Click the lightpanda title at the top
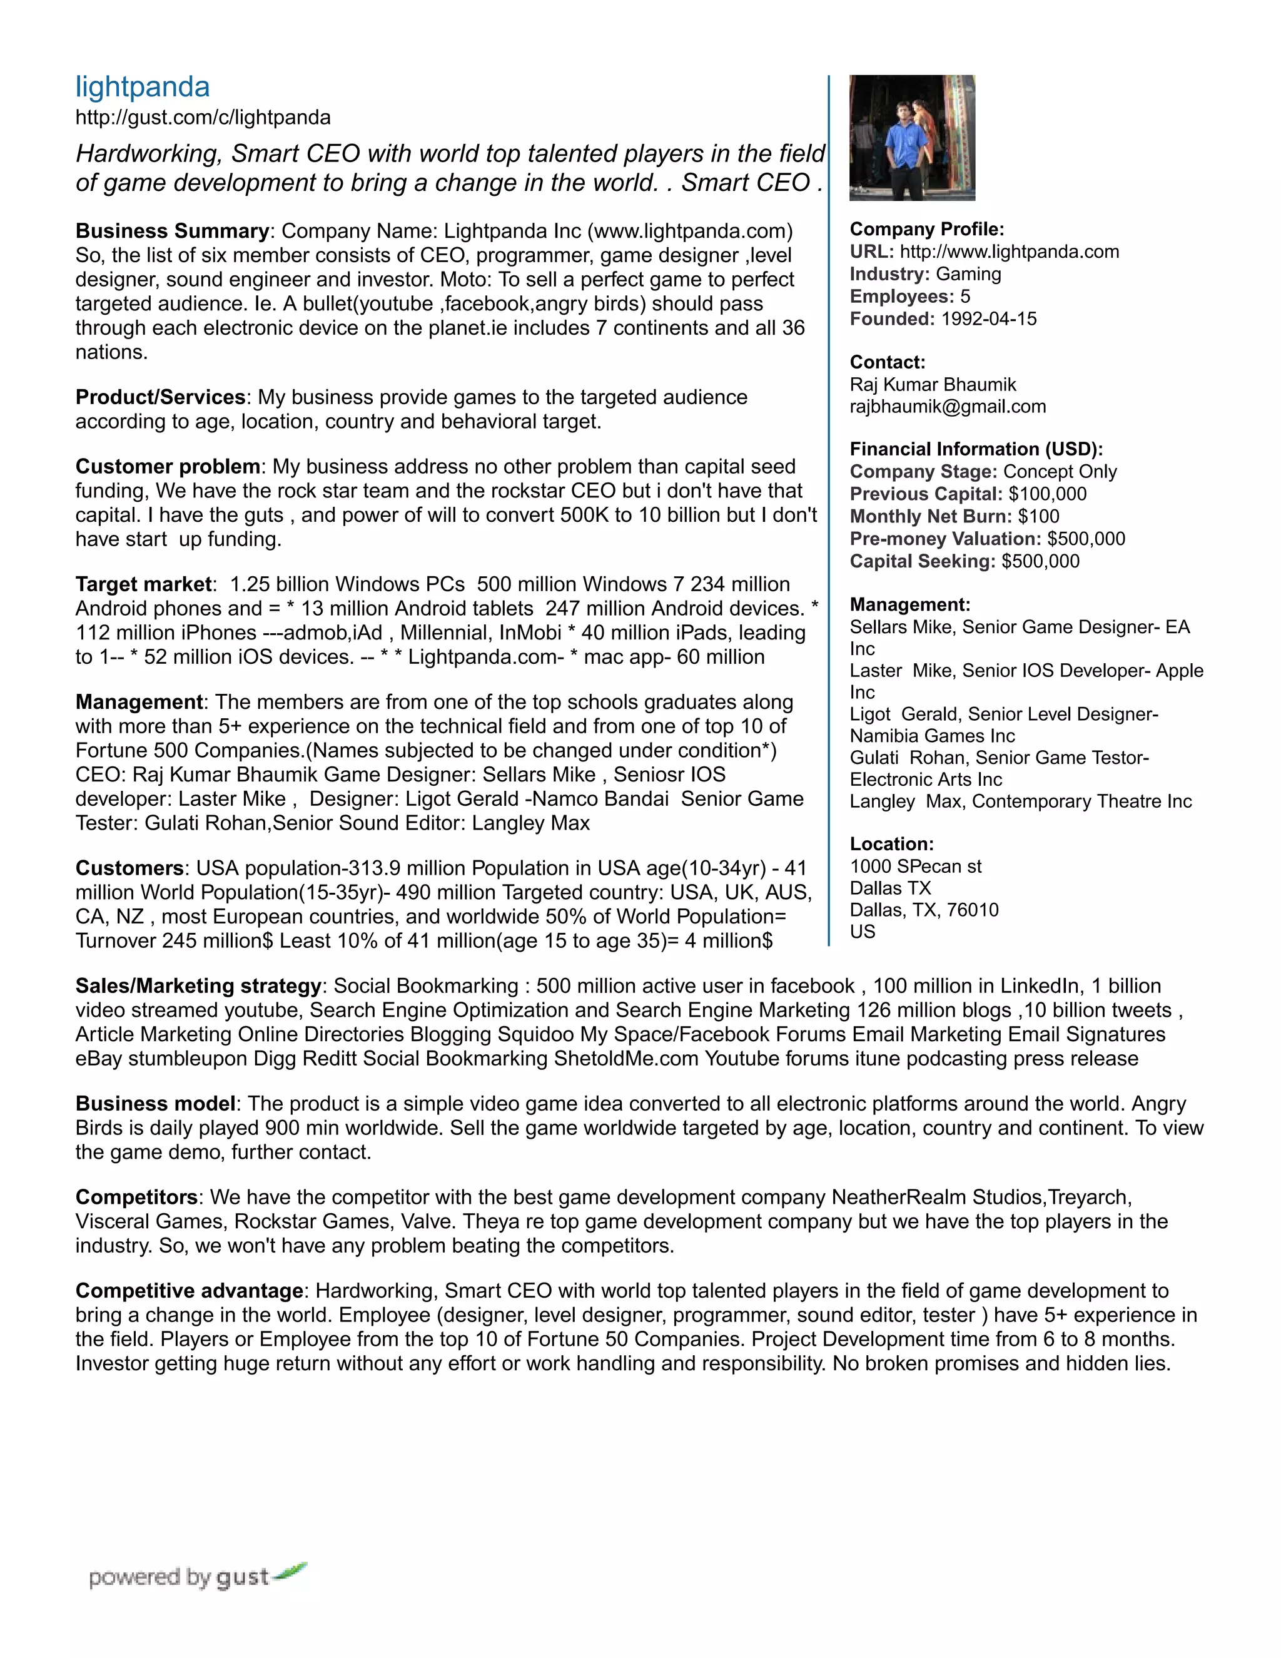[x=143, y=88]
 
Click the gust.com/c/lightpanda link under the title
[x=203, y=118]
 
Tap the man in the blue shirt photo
[x=911, y=138]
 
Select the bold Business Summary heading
[x=172, y=231]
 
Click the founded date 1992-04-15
[x=988, y=319]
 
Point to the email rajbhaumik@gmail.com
[x=947, y=407]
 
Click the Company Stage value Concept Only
[x=1060, y=472]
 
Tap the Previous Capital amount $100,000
[x=1047, y=494]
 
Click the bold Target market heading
[x=143, y=584]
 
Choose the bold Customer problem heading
[x=168, y=466]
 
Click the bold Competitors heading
[x=136, y=1197]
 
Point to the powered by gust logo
[x=197, y=1577]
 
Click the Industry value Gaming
[x=968, y=274]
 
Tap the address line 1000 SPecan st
[x=915, y=866]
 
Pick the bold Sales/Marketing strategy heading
[x=198, y=986]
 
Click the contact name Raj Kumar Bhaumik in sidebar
[x=933, y=385]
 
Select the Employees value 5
[x=965, y=297]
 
